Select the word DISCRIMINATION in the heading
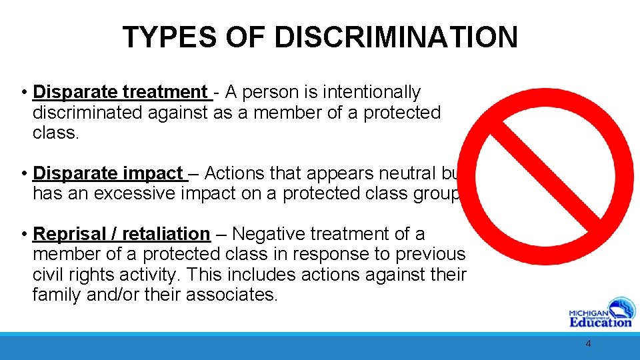[x=396, y=37]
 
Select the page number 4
[x=588, y=344]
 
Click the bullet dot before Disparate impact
[x=23, y=173]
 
